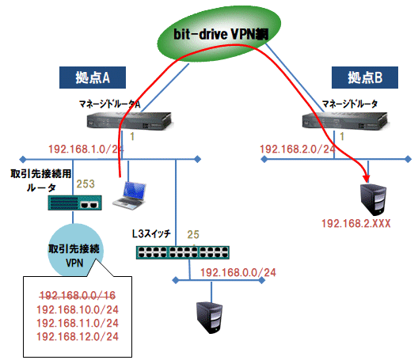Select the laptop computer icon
pos(129,195)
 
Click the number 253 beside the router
pos(85,184)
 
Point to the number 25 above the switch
pos(192,234)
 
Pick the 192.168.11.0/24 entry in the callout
pos(78,323)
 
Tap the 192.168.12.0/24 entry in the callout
pos(78,337)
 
